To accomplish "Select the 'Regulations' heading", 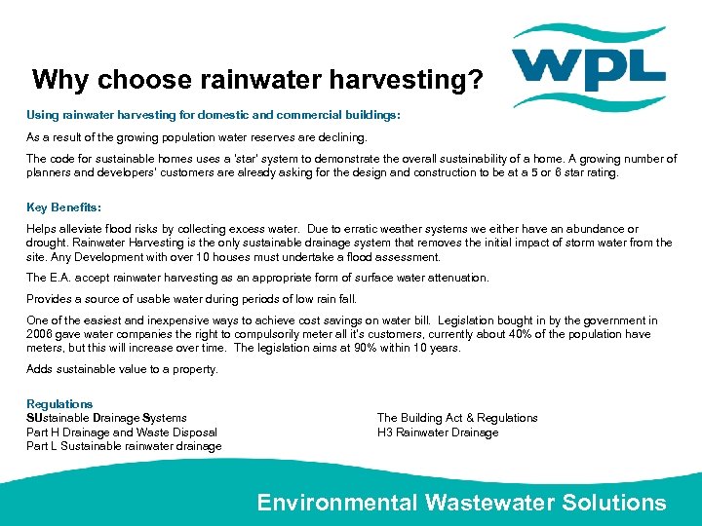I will pyautogui.click(x=59, y=404).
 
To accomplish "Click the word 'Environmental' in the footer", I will pyautogui.click(x=336, y=503).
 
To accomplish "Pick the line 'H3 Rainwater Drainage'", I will pyautogui.click(x=438, y=432).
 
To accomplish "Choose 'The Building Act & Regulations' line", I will pyautogui.click(x=457, y=418).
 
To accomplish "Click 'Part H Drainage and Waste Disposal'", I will pyautogui.click(x=122, y=432).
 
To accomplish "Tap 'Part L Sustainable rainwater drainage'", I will pyautogui.click(x=124, y=446).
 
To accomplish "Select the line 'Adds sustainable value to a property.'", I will pyautogui.click(x=122, y=369).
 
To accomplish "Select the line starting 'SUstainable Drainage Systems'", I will pyautogui.click(x=106, y=418).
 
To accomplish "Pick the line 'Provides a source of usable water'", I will pyautogui.click(x=192, y=299).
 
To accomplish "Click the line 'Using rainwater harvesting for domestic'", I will pyautogui.click(x=213, y=115).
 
